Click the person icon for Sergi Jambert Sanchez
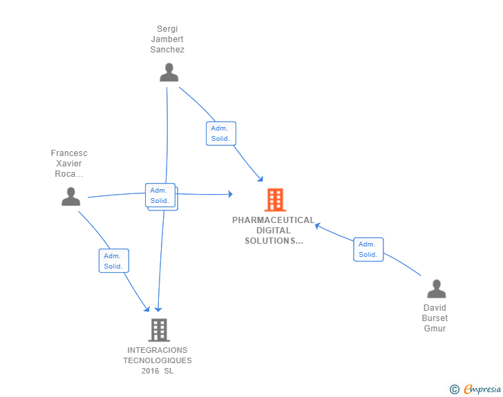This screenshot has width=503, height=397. (x=169, y=72)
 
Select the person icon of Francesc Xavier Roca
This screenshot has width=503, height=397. (x=70, y=197)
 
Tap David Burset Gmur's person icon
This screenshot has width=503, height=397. (x=436, y=289)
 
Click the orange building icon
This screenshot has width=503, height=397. (x=274, y=200)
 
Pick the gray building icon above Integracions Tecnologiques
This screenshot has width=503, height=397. (x=158, y=330)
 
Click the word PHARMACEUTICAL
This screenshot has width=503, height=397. (x=273, y=220)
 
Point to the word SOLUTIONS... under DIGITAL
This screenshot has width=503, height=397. (x=274, y=241)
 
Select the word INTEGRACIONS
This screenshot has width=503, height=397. (x=158, y=350)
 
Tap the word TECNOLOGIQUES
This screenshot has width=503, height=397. (x=158, y=360)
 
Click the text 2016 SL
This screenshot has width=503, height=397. (x=158, y=371)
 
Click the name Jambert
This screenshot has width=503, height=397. (x=169, y=39)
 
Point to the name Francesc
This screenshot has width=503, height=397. (x=69, y=153)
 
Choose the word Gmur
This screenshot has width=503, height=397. (x=435, y=329)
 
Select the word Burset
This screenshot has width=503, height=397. (x=435, y=318)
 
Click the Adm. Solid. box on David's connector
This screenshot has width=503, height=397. (x=368, y=249)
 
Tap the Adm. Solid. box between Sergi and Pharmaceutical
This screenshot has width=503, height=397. (x=220, y=133)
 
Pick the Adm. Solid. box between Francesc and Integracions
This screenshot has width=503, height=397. (x=113, y=260)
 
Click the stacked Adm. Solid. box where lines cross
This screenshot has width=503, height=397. (x=161, y=196)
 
